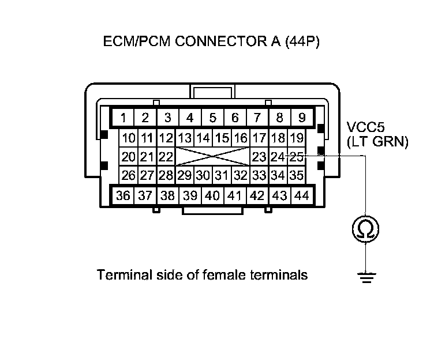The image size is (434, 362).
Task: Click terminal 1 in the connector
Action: click(124, 119)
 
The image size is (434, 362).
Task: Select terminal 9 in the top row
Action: click(301, 119)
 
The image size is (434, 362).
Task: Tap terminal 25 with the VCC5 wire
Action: click(297, 156)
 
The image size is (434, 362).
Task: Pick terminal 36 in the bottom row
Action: click(123, 196)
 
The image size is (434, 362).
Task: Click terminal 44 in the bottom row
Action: click(301, 196)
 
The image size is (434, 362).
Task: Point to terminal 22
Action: click(166, 157)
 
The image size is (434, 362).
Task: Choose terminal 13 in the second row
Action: click(185, 138)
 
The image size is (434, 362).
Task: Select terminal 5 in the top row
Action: click(212, 119)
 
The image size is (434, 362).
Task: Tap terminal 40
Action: click(212, 196)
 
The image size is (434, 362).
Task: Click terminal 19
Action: click(297, 138)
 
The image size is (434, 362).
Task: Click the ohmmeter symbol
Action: click(366, 229)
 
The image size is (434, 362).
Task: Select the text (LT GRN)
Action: click(377, 141)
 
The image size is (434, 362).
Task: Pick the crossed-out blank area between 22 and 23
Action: click(212, 157)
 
